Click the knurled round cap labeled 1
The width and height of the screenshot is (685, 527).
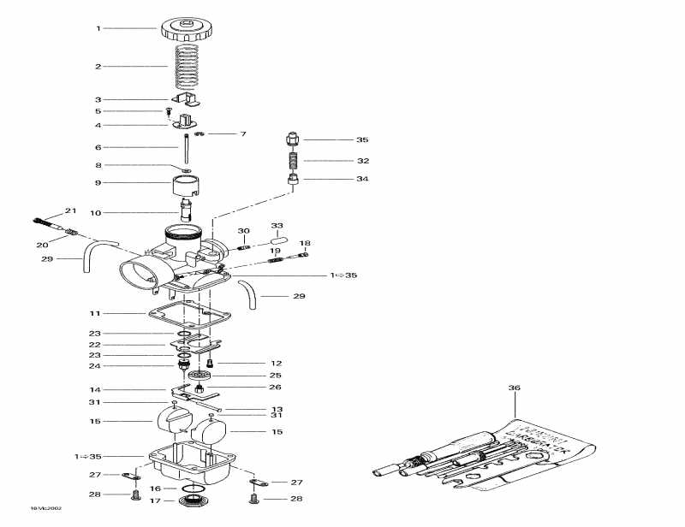click(187, 29)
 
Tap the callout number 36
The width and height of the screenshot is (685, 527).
click(514, 388)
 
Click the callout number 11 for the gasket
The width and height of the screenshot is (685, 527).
click(98, 314)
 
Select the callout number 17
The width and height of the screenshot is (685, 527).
click(155, 500)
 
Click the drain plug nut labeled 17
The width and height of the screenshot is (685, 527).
click(194, 500)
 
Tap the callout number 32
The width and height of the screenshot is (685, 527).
click(363, 161)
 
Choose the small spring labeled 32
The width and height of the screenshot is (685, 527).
click(293, 160)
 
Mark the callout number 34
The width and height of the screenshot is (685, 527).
click(363, 180)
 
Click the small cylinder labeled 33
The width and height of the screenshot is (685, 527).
click(278, 242)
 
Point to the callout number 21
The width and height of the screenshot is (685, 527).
click(70, 210)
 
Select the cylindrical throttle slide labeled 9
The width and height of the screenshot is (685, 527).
click(187, 186)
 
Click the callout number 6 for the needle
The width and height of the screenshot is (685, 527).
click(98, 147)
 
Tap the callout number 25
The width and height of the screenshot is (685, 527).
click(276, 375)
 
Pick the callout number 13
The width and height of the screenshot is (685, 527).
click(276, 410)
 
